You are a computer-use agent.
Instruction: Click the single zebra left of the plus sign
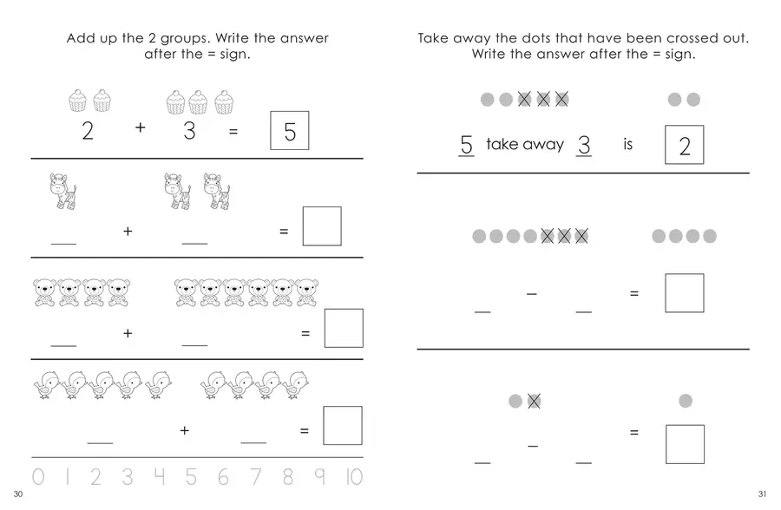point(63,191)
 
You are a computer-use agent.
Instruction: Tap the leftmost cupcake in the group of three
point(175,102)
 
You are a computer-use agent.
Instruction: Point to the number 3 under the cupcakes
point(189,130)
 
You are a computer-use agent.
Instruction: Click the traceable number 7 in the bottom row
point(255,477)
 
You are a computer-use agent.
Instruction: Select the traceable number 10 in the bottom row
point(354,477)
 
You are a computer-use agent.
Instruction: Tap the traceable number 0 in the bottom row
point(38,477)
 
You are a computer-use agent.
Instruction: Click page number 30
point(18,494)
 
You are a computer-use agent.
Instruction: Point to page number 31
point(762,494)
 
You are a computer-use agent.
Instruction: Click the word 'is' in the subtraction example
point(627,144)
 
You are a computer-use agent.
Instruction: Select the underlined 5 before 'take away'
point(466,145)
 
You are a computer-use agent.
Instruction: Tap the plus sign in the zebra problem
point(128,231)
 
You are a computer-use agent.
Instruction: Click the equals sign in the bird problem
point(305,430)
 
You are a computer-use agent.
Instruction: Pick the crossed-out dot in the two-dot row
point(534,401)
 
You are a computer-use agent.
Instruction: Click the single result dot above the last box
point(686,401)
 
